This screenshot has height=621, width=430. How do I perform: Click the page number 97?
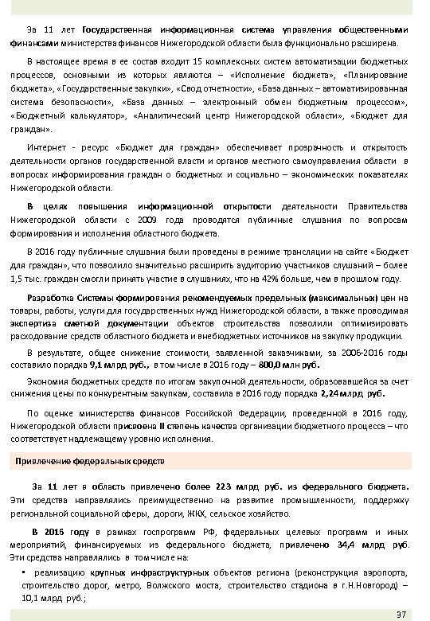click(x=401, y=612)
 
